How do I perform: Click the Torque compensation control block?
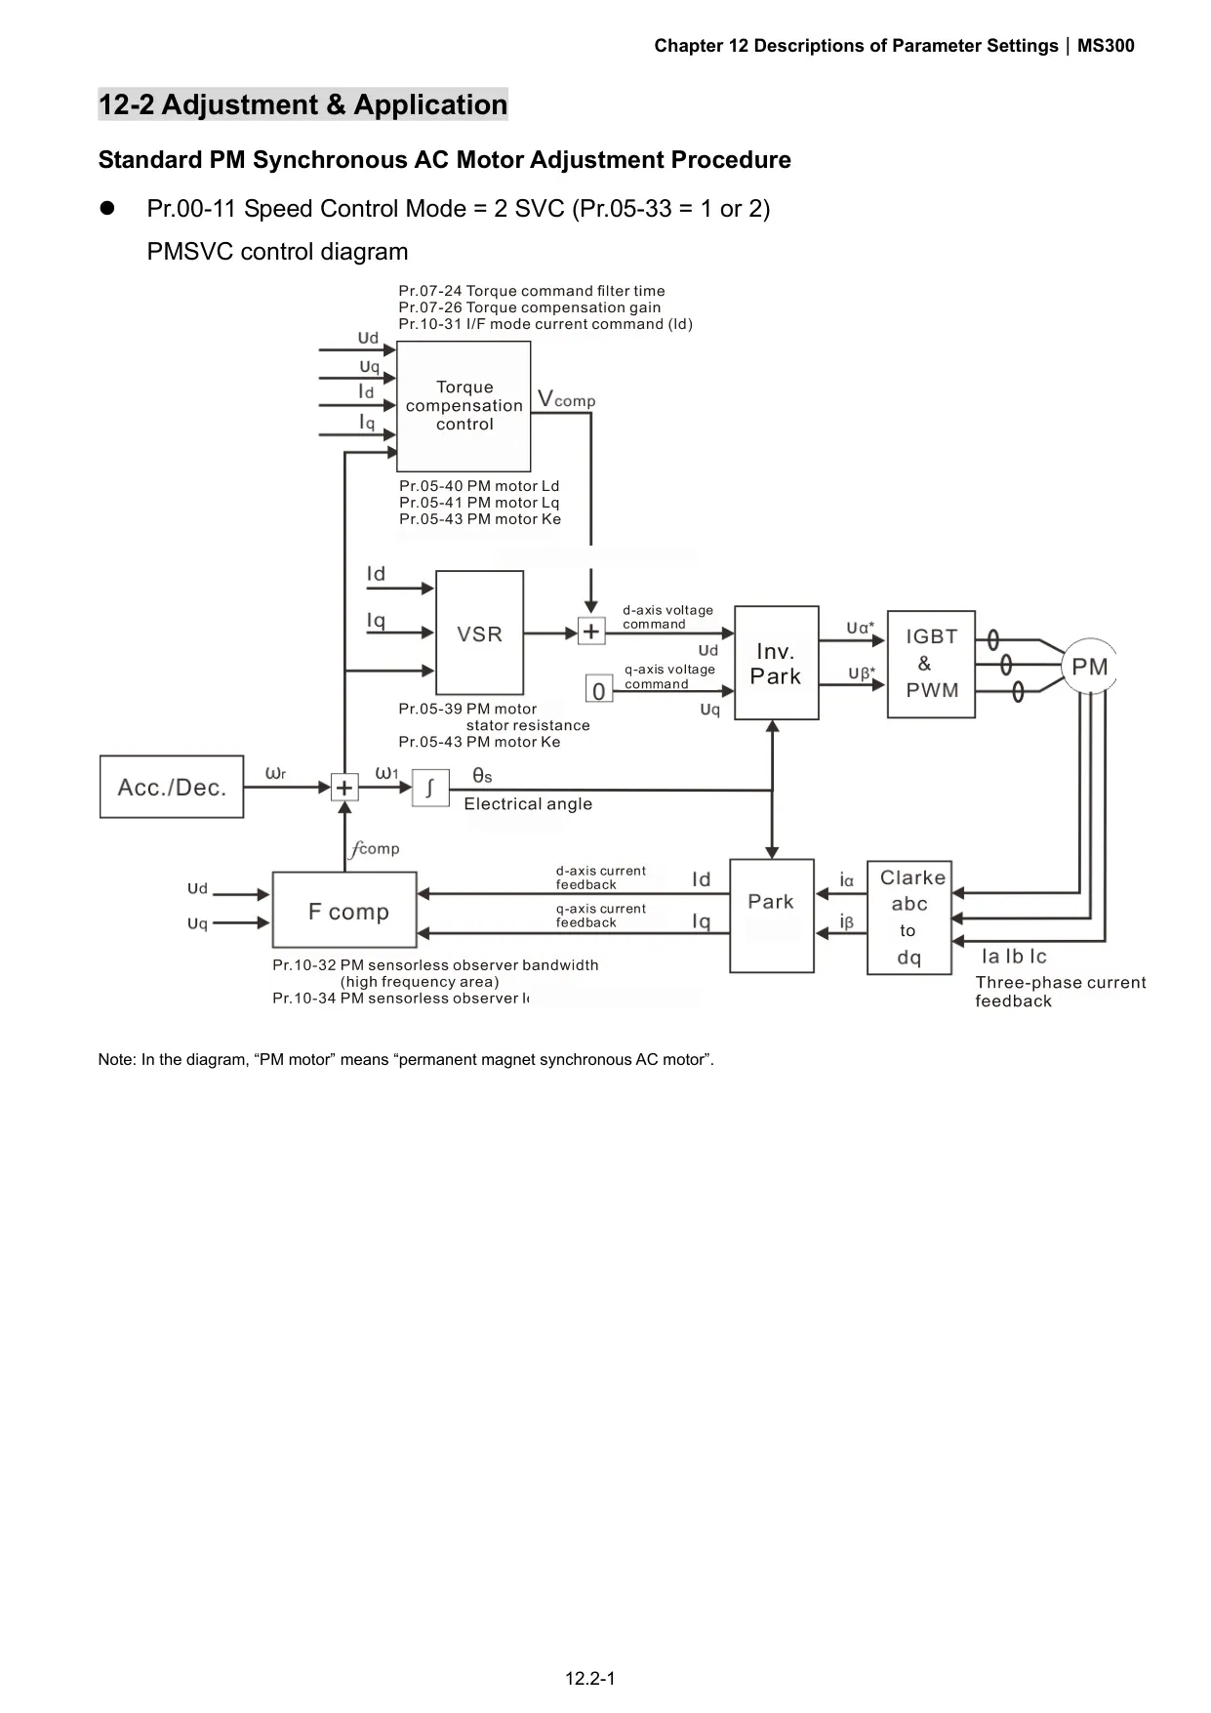coord(464,406)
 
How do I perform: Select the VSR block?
coord(479,632)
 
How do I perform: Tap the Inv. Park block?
coord(776,663)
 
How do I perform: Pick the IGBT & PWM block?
coord(931,664)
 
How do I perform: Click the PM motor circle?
coord(1089,667)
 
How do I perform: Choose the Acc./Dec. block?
coord(172,787)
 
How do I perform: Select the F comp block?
coord(344,910)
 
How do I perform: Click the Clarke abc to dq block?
coord(909,917)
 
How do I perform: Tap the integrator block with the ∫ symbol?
coord(430,787)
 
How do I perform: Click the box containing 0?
coord(599,689)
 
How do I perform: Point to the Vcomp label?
coord(566,399)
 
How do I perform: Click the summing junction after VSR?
coord(591,632)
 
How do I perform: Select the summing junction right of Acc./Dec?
coord(344,787)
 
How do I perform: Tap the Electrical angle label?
coord(528,803)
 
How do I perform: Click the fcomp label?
coord(375,848)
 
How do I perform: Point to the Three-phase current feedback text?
coord(1061,992)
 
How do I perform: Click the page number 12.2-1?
coord(590,1679)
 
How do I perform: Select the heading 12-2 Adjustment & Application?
coord(303,104)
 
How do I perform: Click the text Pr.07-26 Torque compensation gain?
coord(530,307)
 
